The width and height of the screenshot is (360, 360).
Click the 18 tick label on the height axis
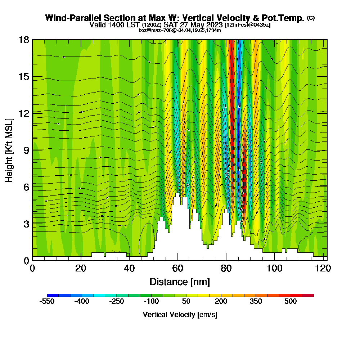[24, 40]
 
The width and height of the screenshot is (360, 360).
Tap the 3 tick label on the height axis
[26, 224]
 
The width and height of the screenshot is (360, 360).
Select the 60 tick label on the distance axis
[178, 269]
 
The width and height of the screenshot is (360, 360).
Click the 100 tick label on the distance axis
[275, 269]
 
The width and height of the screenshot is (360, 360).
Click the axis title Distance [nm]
[180, 282]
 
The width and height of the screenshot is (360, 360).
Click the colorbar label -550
[47, 301]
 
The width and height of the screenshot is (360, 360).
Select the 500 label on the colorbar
[291, 301]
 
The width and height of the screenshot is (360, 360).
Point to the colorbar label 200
[221, 301]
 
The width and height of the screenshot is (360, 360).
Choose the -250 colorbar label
[116, 301]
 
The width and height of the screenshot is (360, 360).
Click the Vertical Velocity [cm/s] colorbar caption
[180, 315]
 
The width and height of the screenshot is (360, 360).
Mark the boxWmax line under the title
[180, 30]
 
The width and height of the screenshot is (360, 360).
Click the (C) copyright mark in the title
[311, 18]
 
